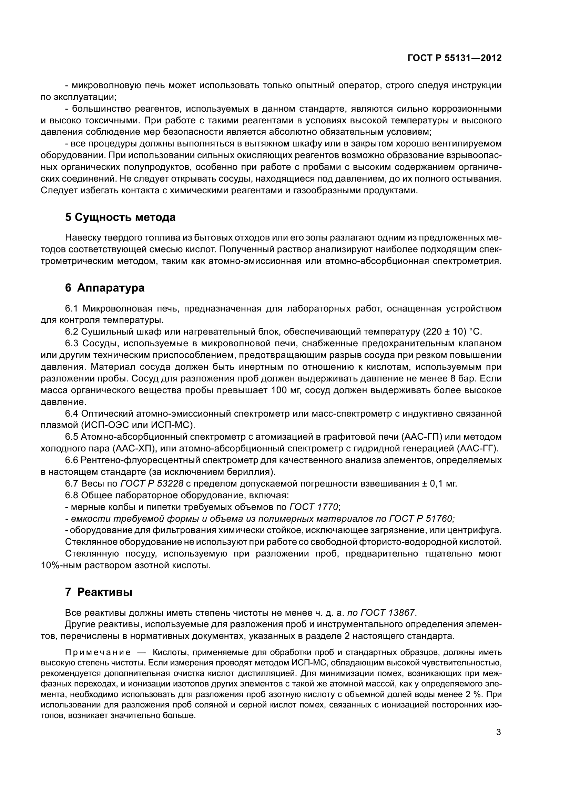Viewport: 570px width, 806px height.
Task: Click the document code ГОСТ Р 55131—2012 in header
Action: click(x=454, y=58)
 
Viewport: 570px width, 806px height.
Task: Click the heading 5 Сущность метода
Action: click(x=120, y=218)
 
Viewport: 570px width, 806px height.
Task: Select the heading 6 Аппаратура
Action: click(x=105, y=288)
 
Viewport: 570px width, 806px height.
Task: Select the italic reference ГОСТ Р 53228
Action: click(x=152, y=483)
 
